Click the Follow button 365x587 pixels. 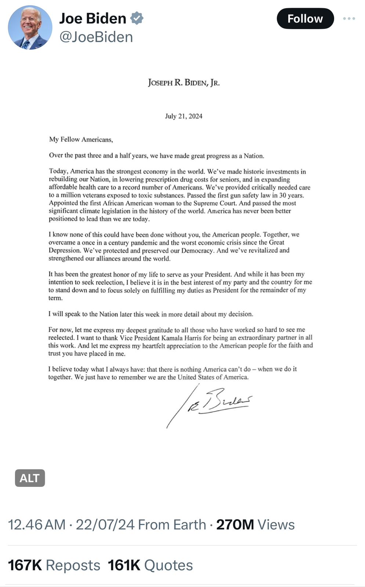tap(305, 19)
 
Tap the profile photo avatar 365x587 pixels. tap(30, 28)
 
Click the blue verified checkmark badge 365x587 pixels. tap(137, 18)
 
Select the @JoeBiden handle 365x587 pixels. tap(96, 37)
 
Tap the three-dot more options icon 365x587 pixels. tap(349, 18)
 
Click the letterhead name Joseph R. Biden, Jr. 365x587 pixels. tap(184, 83)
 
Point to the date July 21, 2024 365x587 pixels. tap(184, 116)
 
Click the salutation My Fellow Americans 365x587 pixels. tap(81, 139)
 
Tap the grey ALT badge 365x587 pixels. tap(30, 478)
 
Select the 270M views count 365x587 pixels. tap(235, 525)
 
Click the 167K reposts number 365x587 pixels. tap(25, 565)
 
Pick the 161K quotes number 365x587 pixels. tap(124, 565)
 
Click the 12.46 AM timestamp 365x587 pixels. tap(37, 525)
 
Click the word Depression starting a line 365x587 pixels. tap(65, 251)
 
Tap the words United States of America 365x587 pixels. tap(213, 377)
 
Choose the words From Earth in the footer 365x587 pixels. tap(172, 525)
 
